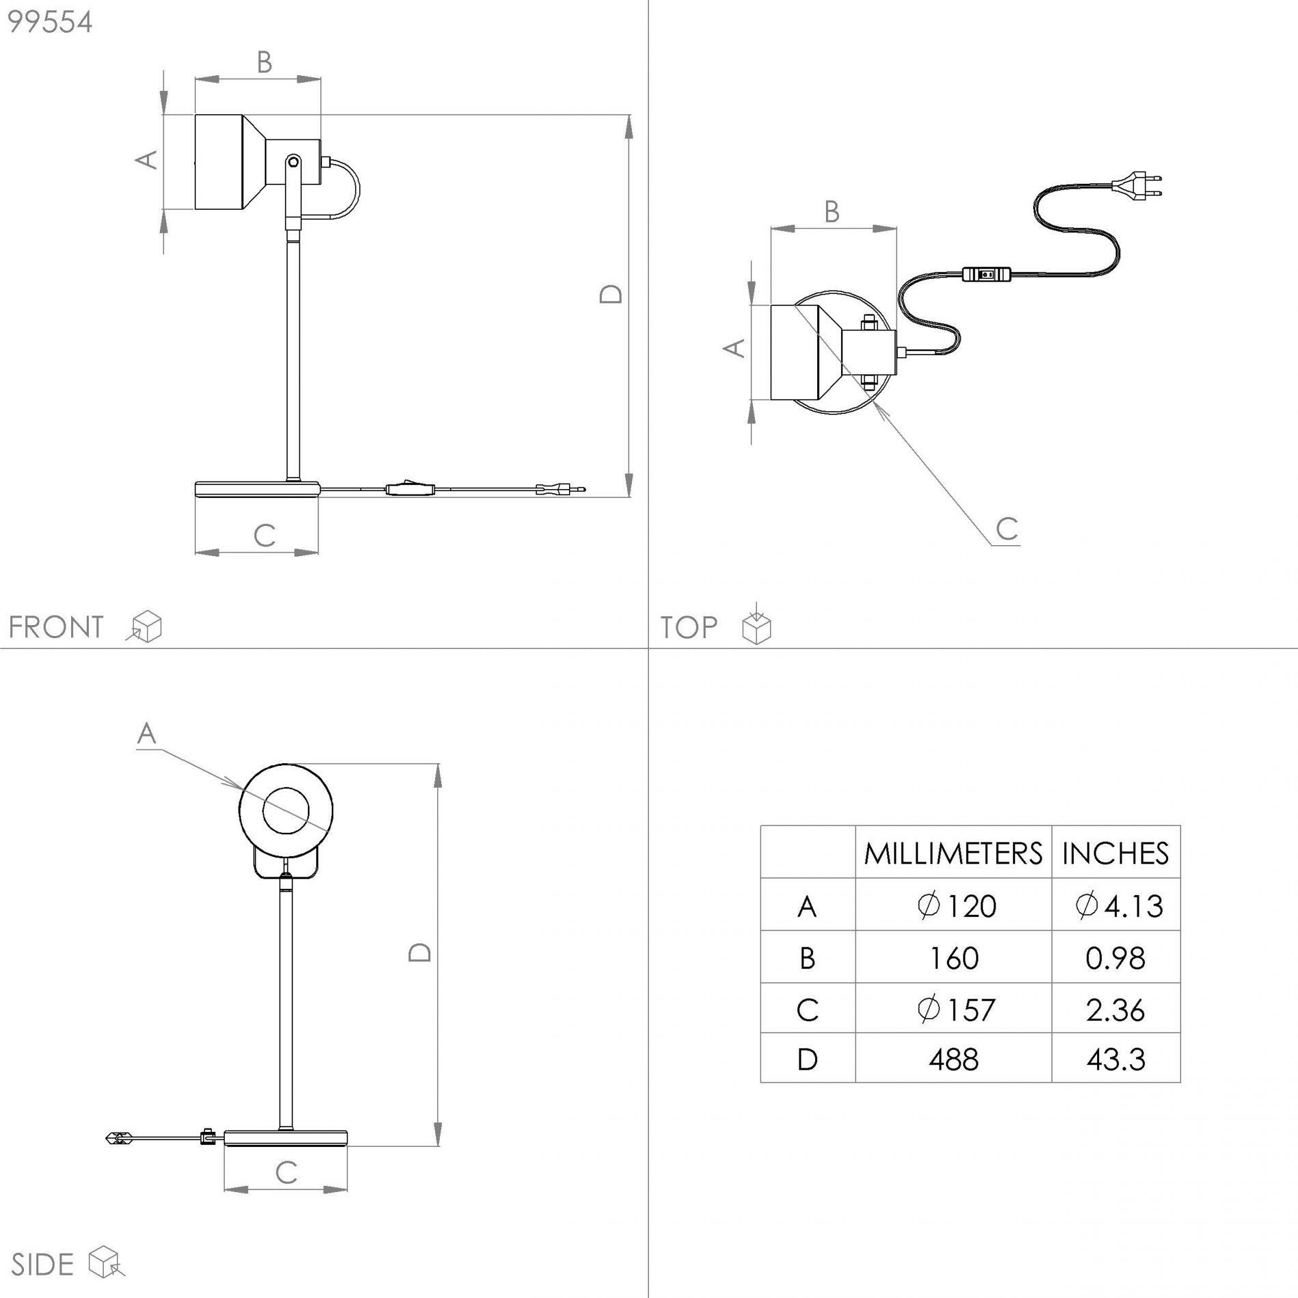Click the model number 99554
click(x=50, y=23)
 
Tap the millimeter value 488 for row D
click(x=954, y=1060)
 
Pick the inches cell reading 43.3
click(x=1116, y=1060)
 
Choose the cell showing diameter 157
click(x=956, y=1009)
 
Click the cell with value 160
click(x=954, y=958)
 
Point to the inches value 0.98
click(x=1116, y=958)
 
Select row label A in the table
click(x=807, y=907)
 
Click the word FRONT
click(x=56, y=627)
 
